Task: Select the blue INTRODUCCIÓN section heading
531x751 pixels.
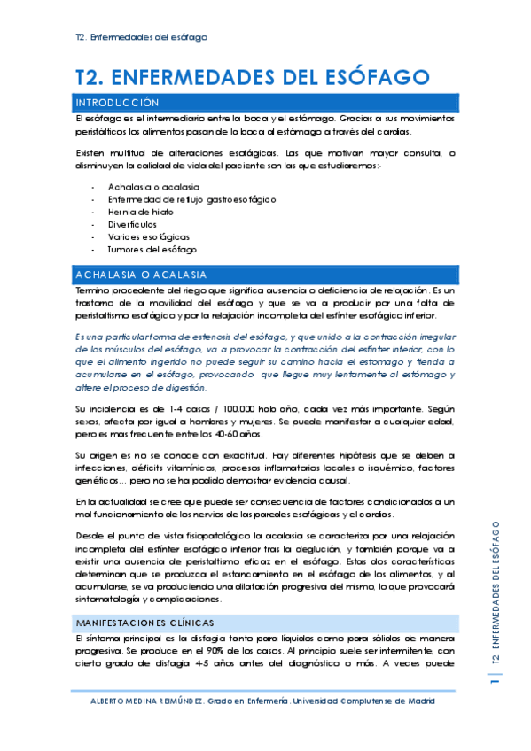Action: [118, 103]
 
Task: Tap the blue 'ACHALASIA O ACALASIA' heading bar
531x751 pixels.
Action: [142, 275]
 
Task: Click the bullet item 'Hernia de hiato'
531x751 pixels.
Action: [141, 213]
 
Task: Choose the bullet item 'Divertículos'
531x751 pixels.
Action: [133, 225]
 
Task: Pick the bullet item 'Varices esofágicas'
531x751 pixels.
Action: [149, 237]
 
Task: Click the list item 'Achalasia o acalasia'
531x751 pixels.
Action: [153, 188]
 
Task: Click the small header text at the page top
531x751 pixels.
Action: [141, 38]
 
